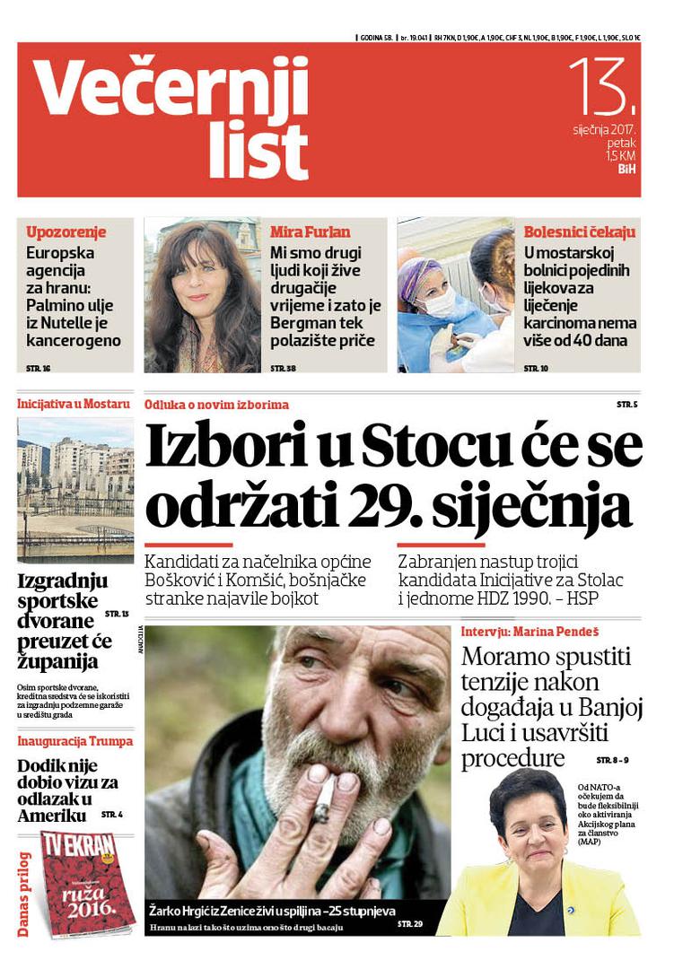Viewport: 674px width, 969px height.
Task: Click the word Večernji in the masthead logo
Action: coord(171,90)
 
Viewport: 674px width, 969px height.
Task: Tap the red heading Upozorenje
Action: coord(66,231)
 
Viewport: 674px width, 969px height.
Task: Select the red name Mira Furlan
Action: coord(311,231)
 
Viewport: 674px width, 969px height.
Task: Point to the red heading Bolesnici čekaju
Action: coord(579,231)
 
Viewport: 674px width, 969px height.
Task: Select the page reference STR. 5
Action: coord(626,405)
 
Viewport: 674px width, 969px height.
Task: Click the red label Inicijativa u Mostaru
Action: coord(74,404)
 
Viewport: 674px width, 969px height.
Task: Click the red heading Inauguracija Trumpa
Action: coord(74,741)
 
